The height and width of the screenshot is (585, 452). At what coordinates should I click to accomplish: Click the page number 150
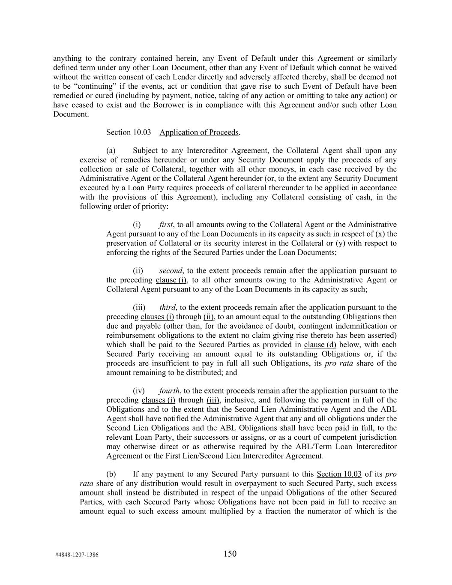click(230, 554)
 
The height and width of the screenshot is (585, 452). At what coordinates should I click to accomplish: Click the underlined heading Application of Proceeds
click(199, 132)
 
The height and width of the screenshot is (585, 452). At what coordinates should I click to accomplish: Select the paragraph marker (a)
click(111, 150)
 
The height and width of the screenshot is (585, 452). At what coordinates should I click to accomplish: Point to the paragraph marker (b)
click(111, 474)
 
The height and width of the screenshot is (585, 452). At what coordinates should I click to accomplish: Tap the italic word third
click(167, 307)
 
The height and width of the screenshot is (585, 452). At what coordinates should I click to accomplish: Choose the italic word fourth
click(169, 391)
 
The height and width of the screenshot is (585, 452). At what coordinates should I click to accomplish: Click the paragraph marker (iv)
click(139, 391)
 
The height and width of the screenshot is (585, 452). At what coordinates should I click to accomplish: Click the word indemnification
click(356, 326)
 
